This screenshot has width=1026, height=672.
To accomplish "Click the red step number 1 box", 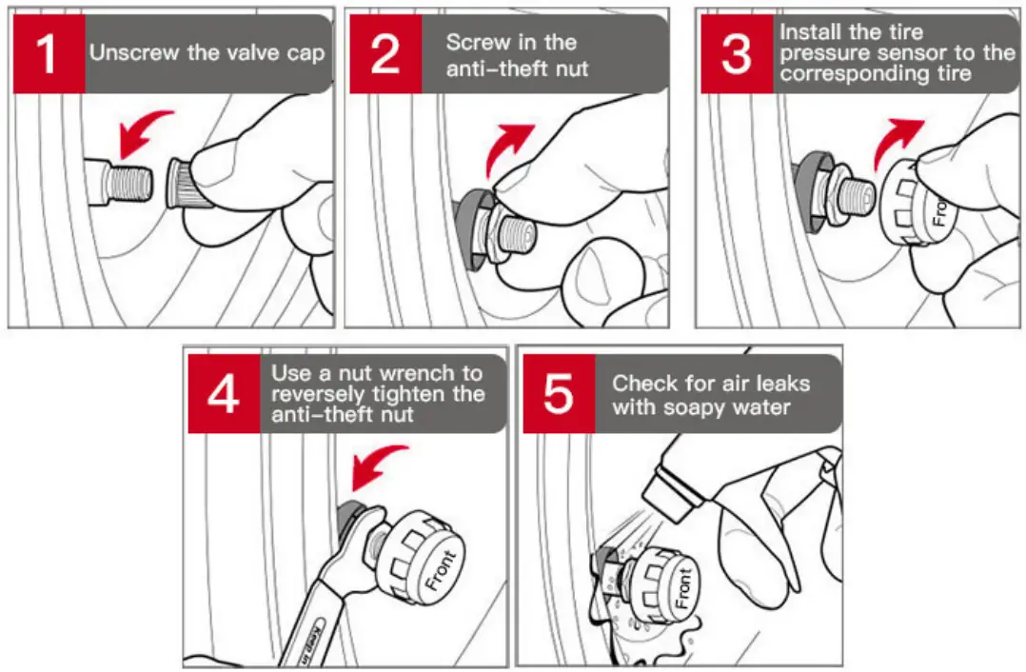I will click(48, 54).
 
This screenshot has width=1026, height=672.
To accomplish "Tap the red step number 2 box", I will click(385, 54).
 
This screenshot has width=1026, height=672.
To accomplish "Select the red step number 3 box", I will click(736, 54).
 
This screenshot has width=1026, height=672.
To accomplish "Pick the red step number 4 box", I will click(223, 394).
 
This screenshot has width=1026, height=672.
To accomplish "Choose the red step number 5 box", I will click(558, 394).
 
